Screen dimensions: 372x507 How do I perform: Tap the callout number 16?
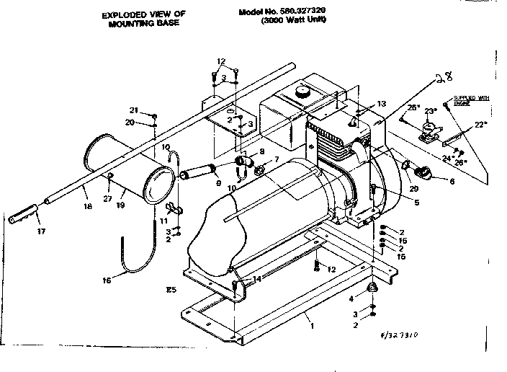pos(107,280)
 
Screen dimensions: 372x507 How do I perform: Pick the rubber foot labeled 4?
pos(374,288)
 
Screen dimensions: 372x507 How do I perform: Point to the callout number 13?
pos(381,105)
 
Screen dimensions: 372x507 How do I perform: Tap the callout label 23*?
pos(431,110)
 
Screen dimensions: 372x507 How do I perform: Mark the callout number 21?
pos(133,110)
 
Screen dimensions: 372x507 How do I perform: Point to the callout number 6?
pos(452,182)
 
